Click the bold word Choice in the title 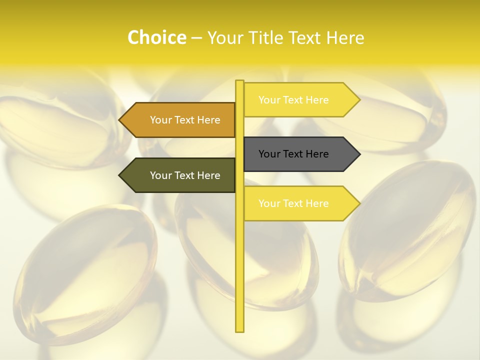pos(156,37)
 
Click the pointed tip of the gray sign pos(359,154)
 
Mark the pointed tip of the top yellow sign pos(359,100)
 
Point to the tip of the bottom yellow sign pos(359,203)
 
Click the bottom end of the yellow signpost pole pos(240,330)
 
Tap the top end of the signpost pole pos(240,81)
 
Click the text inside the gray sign pos(293,154)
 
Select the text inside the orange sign pos(185,120)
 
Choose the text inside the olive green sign pos(185,175)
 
